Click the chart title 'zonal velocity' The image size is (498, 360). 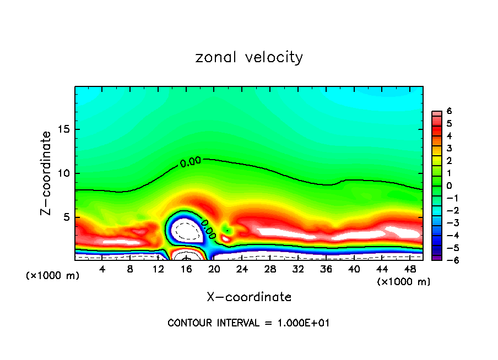pyautogui.click(x=249, y=57)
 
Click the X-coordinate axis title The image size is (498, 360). pyautogui.click(x=249, y=297)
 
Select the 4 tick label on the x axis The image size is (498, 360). pyautogui.click(x=102, y=269)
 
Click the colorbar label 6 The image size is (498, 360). pyautogui.click(x=450, y=111)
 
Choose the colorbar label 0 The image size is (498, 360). pyautogui.click(x=450, y=186)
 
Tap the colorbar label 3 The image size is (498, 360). pyautogui.click(x=450, y=148)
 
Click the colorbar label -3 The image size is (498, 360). pyautogui.click(x=447, y=222)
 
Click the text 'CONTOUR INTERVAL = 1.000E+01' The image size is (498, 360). pyautogui.click(x=248, y=323)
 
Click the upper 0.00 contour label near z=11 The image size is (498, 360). pyautogui.click(x=190, y=162)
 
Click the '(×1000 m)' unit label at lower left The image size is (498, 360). pyautogui.click(x=53, y=276)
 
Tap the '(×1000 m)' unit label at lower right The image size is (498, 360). pyautogui.click(x=403, y=282)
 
